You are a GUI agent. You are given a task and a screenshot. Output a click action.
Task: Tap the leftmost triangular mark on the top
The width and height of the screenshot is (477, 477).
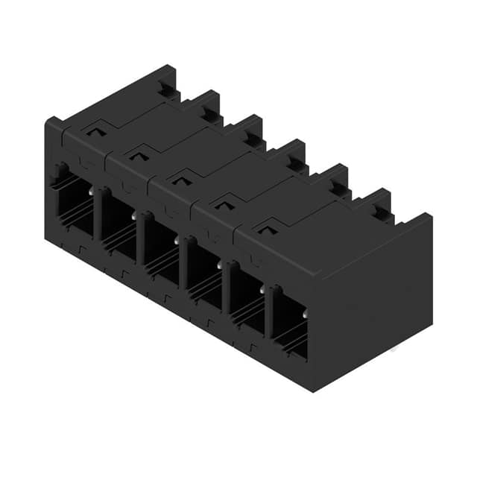coord(94,132)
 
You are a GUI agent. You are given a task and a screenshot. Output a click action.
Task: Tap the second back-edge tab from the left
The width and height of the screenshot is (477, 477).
coord(206,106)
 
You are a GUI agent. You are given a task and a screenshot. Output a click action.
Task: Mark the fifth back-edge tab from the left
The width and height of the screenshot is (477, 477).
coord(333,179)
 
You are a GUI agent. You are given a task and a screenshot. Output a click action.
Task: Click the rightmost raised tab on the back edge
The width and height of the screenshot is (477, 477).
coord(376,203)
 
